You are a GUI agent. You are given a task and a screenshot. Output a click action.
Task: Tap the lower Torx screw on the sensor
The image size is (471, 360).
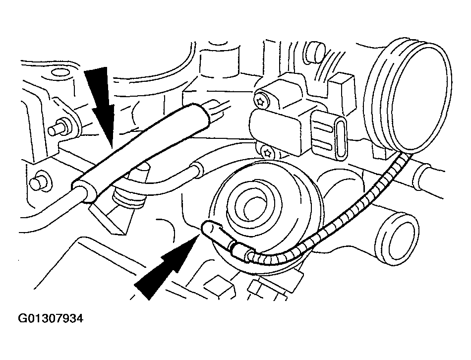(x=268, y=151)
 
